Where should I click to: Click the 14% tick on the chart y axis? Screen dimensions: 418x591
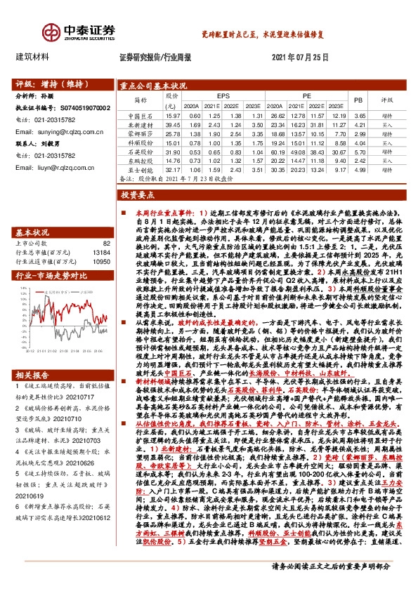(x=22, y=288)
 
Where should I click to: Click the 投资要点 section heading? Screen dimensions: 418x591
(x=137, y=193)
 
